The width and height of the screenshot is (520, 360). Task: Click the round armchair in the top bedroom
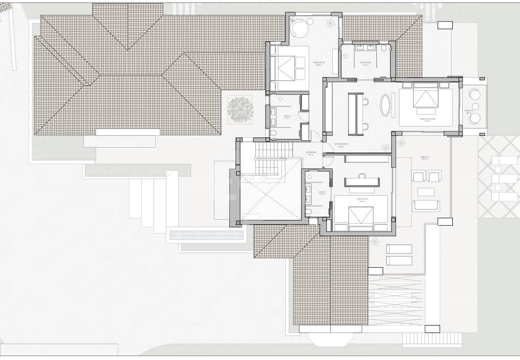coord(299,27)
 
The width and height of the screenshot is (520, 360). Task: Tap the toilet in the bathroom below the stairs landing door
coord(309,211)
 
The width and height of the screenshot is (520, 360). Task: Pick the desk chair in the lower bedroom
coord(362,176)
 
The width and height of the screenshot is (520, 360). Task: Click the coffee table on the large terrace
coord(425,191)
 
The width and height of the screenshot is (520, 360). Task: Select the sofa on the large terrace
coord(426,205)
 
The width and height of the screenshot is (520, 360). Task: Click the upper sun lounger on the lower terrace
coord(399,249)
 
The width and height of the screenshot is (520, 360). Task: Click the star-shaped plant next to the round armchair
coord(332,23)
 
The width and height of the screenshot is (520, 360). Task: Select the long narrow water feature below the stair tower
coord(206,235)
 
